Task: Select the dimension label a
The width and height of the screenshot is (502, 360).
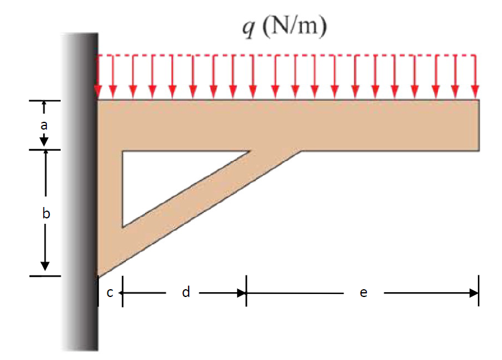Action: (43, 125)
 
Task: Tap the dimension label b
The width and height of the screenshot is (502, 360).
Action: (45, 212)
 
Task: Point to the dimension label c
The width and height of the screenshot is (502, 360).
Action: (109, 293)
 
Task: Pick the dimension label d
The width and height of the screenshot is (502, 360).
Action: (186, 292)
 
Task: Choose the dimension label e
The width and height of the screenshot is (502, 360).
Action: (363, 293)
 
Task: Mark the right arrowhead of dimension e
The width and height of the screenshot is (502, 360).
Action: (474, 293)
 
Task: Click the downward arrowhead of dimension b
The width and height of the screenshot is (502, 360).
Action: (44, 266)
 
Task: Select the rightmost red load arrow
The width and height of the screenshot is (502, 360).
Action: (476, 76)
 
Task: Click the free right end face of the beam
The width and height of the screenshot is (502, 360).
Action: (479, 125)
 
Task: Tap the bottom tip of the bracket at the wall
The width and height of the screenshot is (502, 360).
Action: (98, 275)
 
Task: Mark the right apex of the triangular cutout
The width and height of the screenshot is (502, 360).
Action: (249, 151)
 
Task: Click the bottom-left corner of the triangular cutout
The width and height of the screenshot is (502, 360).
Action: (122, 226)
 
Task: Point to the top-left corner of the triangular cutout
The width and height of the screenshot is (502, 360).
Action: (122, 151)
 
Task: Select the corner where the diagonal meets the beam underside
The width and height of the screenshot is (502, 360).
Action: (301, 151)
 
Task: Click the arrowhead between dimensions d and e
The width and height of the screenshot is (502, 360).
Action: (242, 293)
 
